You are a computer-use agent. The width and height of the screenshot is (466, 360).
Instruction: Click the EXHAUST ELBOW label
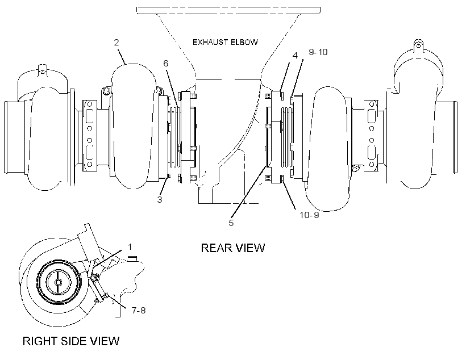click(x=225, y=42)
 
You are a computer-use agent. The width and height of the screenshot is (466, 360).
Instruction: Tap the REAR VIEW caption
click(x=232, y=248)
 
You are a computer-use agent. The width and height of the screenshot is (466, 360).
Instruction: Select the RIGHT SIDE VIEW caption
click(x=70, y=341)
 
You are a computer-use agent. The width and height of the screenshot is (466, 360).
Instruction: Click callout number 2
click(x=116, y=42)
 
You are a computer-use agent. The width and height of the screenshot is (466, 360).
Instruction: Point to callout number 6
click(x=165, y=63)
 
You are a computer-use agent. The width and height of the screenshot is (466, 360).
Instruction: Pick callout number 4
click(x=295, y=56)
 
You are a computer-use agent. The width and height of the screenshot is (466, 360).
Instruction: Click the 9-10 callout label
click(x=318, y=52)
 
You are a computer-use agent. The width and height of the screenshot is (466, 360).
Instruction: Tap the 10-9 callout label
click(x=309, y=215)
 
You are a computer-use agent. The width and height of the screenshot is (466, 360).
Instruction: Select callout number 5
click(x=231, y=223)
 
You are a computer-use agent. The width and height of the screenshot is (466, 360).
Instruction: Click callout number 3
click(x=160, y=200)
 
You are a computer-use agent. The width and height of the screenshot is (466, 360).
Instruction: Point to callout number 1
click(x=130, y=247)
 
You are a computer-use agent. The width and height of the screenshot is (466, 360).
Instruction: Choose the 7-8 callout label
click(x=139, y=311)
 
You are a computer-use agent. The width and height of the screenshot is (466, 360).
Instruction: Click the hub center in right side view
click(x=58, y=282)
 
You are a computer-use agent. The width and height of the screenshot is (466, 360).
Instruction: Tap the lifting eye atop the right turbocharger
click(x=418, y=44)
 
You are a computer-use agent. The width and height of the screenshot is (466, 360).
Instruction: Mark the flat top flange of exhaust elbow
click(x=228, y=10)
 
